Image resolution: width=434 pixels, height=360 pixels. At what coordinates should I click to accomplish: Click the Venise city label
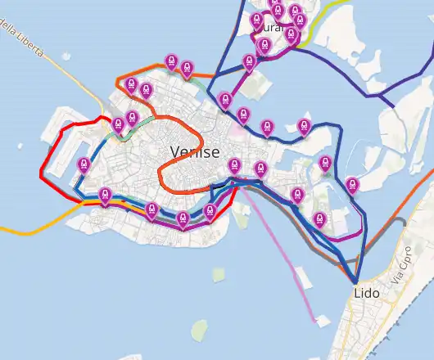click(x=194, y=152)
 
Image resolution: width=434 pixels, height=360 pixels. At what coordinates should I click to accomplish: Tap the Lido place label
click(x=367, y=292)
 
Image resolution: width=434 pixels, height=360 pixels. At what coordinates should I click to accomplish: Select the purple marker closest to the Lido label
click(x=320, y=218)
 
